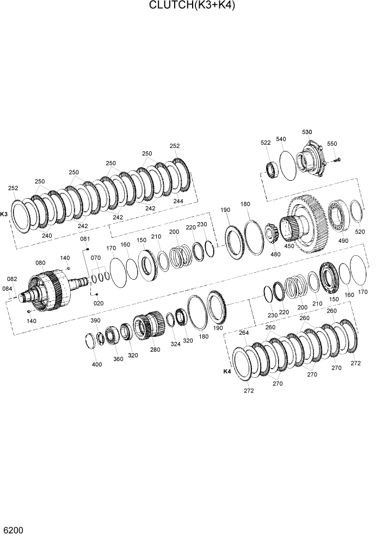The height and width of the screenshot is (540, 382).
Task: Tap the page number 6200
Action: [x=13, y=530]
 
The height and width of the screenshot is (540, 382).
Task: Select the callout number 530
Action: [x=307, y=132]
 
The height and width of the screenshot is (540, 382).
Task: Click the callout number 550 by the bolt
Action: [x=332, y=144]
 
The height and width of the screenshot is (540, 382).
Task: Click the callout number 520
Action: [x=360, y=232]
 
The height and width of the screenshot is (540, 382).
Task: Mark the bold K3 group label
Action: [x=4, y=214]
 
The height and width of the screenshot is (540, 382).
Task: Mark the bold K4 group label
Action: [x=227, y=371]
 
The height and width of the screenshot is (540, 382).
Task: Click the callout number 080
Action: [x=40, y=263]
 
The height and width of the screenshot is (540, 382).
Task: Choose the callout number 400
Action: [x=97, y=365]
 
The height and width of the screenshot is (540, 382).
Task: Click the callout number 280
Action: [x=155, y=349]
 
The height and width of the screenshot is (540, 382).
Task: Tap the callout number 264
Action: [x=243, y=333]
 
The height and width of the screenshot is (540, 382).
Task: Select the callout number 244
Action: [x=178, y=201]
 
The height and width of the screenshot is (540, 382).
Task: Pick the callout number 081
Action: [x=85, y=239]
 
